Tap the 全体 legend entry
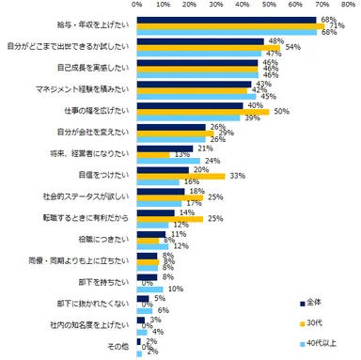click(316, 303)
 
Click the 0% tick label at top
click(137, 6)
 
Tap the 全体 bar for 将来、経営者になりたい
click(165, 147)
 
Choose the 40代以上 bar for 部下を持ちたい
click(150, 289)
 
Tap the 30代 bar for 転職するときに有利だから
click(170, 218)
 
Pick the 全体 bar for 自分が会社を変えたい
click(172, 126)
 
